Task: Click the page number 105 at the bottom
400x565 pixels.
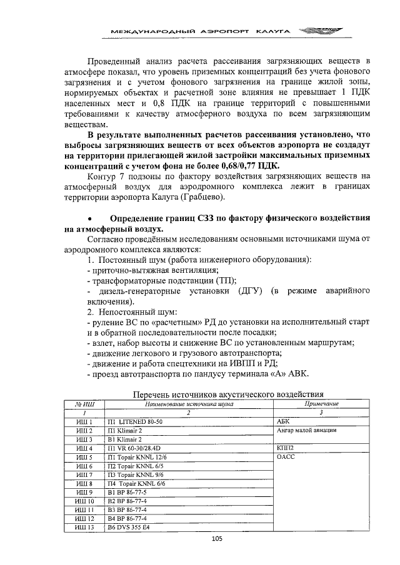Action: click(217, 538)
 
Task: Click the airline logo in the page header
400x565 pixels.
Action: click(316, 30)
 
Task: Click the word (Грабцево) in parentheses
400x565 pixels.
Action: click(202, 197)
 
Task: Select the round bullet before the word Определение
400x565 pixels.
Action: click(91, 219)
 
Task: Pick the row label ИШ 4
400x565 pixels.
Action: click(84, 448)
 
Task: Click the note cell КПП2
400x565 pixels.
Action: click(285, 448)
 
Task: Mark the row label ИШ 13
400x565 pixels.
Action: click(84, 527)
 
